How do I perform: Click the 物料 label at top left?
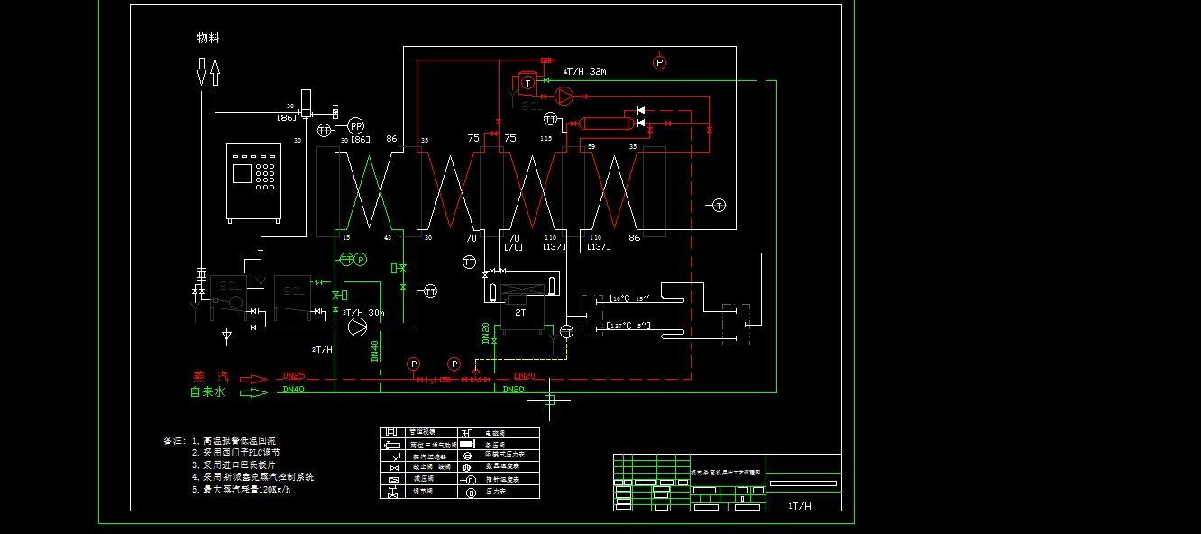[208, 39]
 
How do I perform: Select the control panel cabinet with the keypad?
[254, 183]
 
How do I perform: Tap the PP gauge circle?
[356, 125]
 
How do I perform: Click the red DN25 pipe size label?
[294, 376]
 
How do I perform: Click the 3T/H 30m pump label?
[363, 313]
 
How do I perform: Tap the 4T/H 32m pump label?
[584, 71]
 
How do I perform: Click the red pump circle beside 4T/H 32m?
[564, 95]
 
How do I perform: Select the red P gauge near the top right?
[659, 62]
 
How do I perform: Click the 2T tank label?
[520, 312]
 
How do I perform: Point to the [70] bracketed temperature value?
[514, 247]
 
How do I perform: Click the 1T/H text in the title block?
[800, 506]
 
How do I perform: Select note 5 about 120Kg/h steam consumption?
[242, 490]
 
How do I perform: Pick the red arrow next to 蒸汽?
[254, 379]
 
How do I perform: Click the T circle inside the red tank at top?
[527, 82]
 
